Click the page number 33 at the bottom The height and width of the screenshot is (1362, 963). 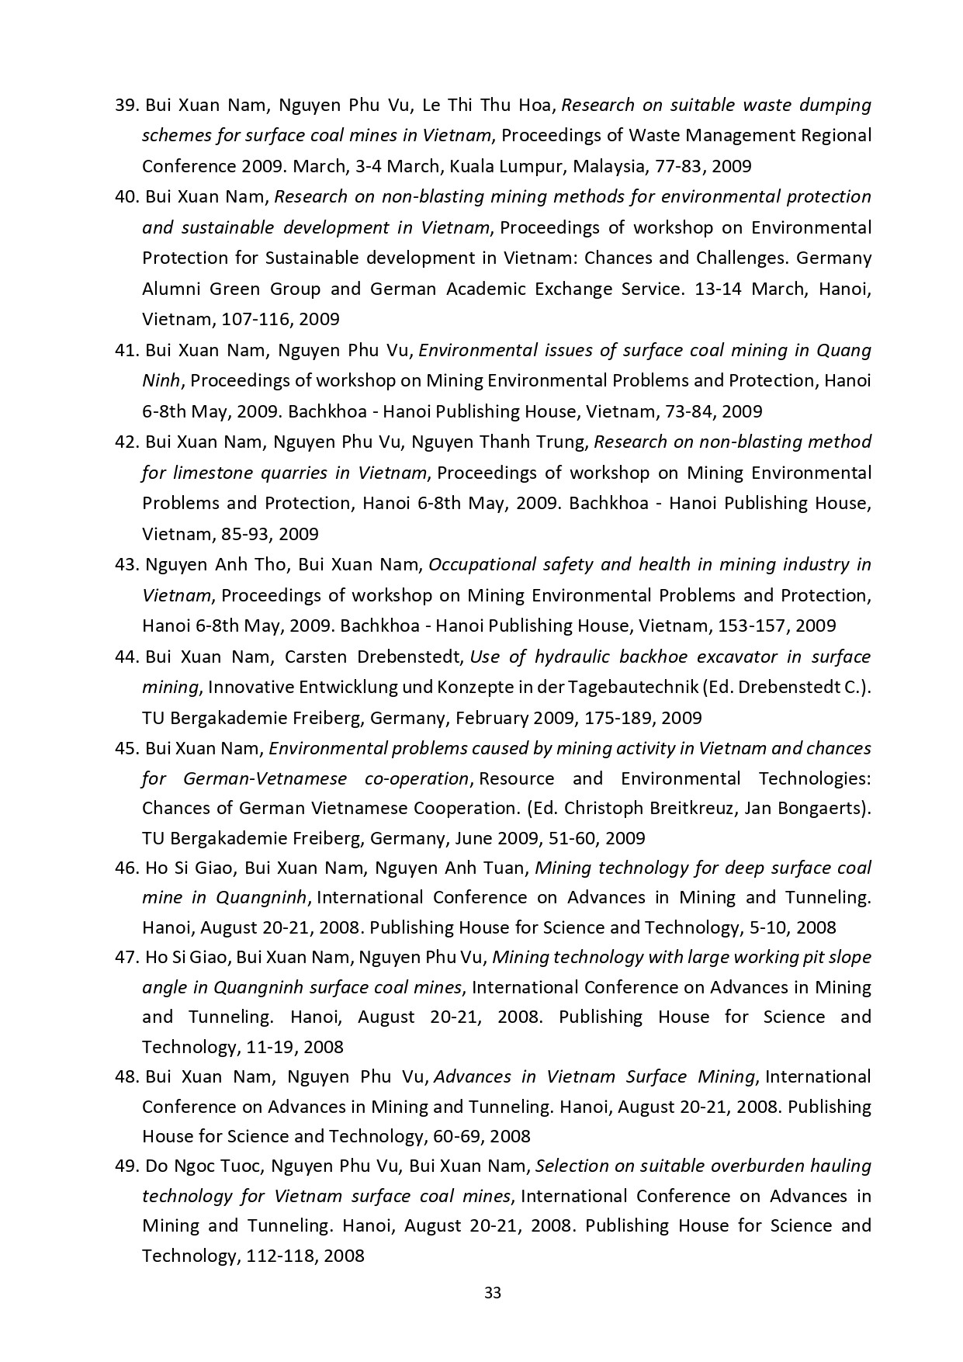coord(493,1293)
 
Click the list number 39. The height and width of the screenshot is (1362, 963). coord(126,105)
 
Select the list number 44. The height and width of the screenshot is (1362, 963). coord(126,657)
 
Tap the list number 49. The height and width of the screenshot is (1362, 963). coord(126,1166)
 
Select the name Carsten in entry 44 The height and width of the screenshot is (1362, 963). coord(316,657)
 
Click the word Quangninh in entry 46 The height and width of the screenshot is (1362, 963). coord(262,897)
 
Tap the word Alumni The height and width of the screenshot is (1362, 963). coord(170,289)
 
